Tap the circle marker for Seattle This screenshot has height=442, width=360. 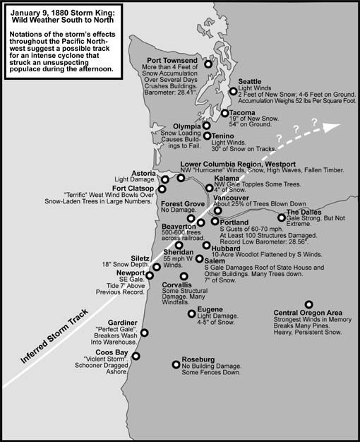(x=234, y=91)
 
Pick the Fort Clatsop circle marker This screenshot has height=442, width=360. (x=163, y=189)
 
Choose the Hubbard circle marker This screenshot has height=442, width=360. (x=207, y=246)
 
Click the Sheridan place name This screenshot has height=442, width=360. (x=179, y=252)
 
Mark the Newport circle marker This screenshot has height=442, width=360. (x=150, y=274)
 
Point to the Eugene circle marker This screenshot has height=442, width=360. (x=192, y=313)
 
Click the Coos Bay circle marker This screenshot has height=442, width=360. (x=136, y=356)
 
